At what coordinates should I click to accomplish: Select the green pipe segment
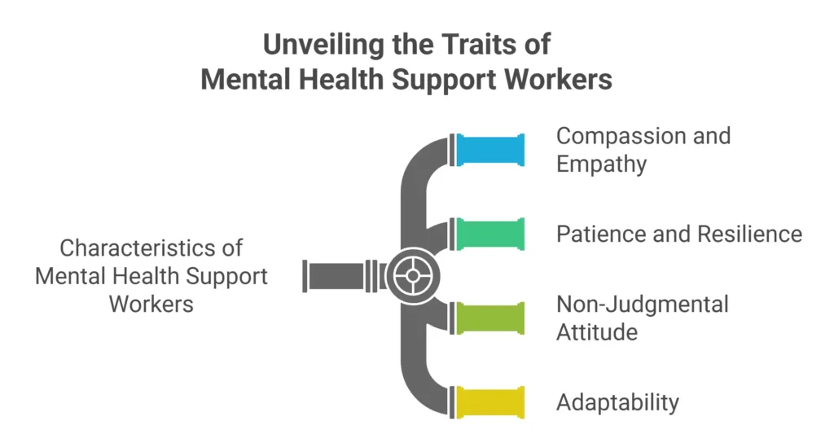489,234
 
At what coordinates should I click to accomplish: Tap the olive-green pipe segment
489,318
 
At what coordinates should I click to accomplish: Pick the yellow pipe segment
489,401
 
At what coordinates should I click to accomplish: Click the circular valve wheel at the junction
413,275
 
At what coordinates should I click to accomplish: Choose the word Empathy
601,164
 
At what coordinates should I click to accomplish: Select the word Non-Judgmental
642,305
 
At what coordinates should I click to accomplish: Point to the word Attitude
596,332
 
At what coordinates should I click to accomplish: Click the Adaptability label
617,402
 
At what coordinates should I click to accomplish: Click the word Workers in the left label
151,304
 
